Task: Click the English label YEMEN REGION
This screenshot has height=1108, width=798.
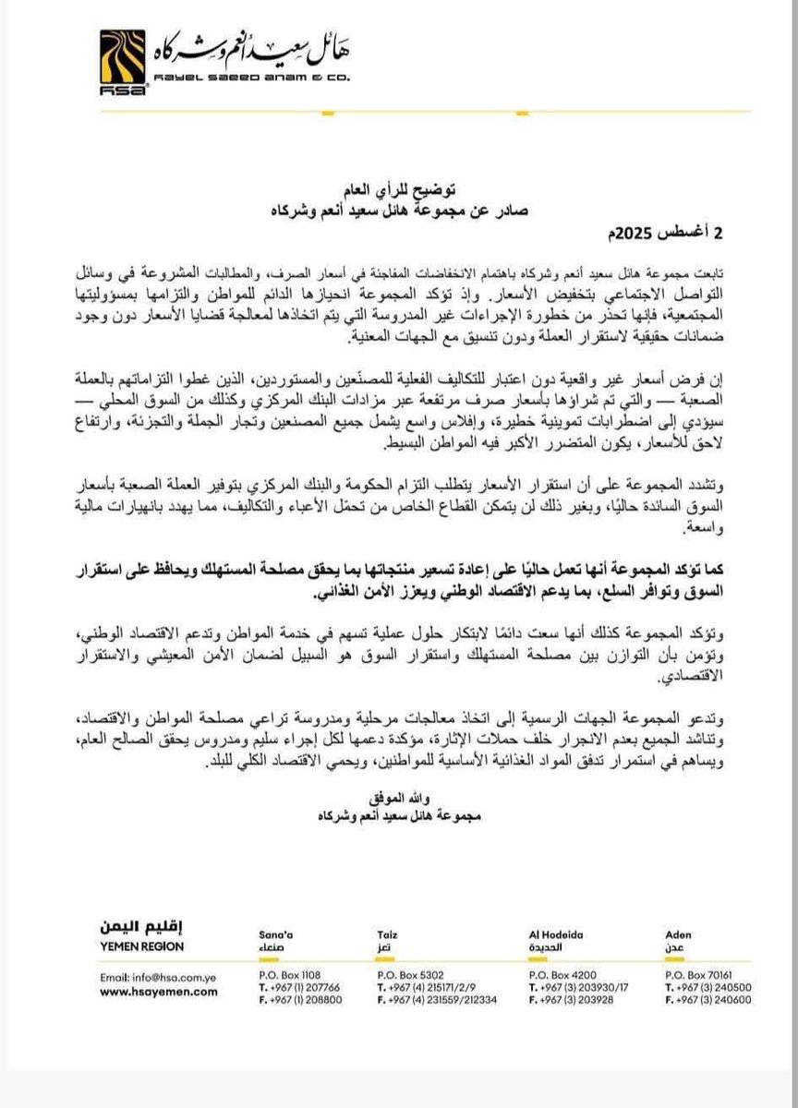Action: (x=137, y=947)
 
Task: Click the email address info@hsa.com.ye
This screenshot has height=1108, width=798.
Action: (x=153, y=976)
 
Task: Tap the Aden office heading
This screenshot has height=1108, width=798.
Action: (x=678, y=934)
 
